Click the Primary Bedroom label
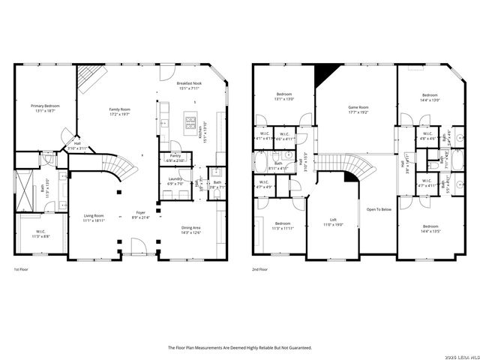tap(45, 108)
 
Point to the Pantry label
tap(175, 157)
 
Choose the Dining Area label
tap(191, 229)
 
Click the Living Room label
tap(94, 217)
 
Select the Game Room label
tap(358, 109)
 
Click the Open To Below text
tap(379, 209)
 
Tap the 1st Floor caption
tap(22, 269)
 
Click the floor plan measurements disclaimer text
tap(239, 348)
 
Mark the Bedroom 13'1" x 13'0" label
tap(283, 97)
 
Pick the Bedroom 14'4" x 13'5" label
tap(430, 229)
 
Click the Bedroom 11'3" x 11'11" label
tap(283, 226)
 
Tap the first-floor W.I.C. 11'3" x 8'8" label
tap(40, 235)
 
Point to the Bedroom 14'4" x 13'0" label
tap(430, 97)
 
